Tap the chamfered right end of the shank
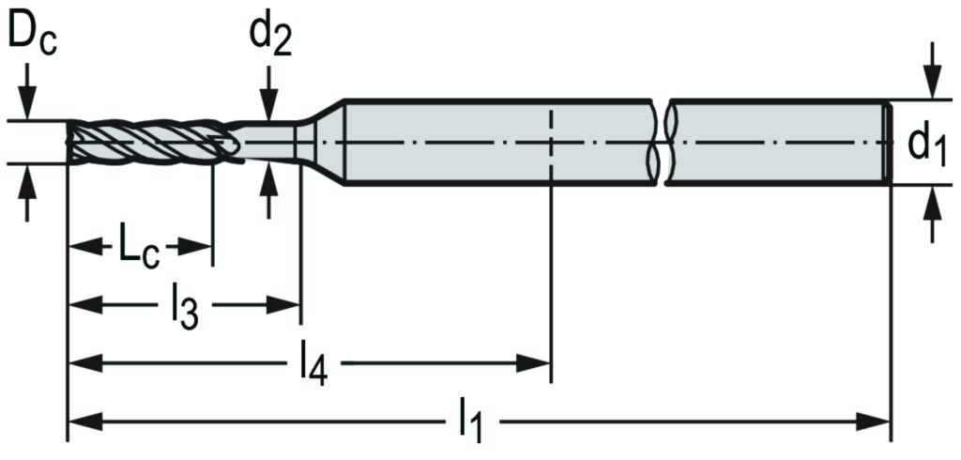(x=885, y=142)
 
